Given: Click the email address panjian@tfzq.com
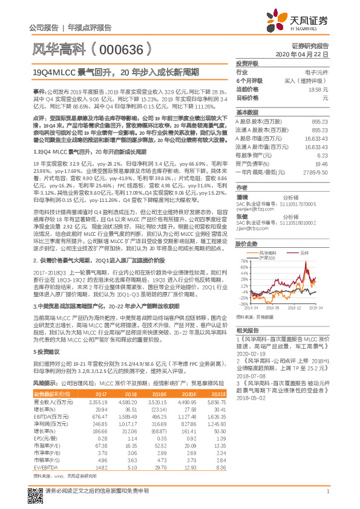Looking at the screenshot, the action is (252, 209).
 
